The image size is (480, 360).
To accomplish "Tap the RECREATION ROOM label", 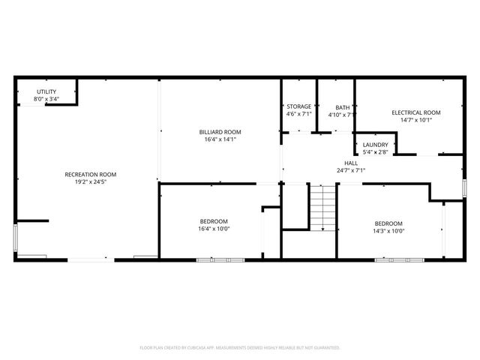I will pyautogui.click(x=90, y=174).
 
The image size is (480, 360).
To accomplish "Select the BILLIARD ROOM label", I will pyautogui.click(x=220, y=131).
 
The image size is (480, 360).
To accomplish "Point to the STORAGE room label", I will pyautogui.click(x=299, y=106).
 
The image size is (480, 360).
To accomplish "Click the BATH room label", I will pyautogui.click(x=342, y=106).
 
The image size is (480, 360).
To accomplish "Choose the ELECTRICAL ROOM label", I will pyautogui.click(x=415, y=112).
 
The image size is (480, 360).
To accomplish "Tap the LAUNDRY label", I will pyautogui.click(x=375, y=145).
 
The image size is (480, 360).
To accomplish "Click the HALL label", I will pyautogui.click(x=351, y=163).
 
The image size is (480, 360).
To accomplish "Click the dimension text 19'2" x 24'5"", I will pyautogui.click(x=90, y=181).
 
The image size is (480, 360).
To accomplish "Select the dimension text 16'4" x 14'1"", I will pyautogui.click(x=220, y=139).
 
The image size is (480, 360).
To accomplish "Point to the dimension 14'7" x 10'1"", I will pyautogui.click(x=415, y=120).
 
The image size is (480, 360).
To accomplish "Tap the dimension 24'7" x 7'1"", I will pyautogui.click(x=351, y=170).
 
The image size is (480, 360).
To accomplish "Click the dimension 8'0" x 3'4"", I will pyautogui.click(x=46, y=98).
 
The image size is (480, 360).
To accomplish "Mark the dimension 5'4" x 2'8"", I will pyautogui.click(x=375, y=152).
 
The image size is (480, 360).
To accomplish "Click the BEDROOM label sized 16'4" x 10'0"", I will pyautogui.click(x=214, y=221).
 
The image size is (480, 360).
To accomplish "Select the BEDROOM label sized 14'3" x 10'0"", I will pyautogui.click(x=388, y=223).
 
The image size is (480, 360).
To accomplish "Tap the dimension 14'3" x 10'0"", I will pyautogui.click(x=388, y=231).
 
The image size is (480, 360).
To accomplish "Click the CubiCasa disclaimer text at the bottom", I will pyautogui.click(x=240, y=348).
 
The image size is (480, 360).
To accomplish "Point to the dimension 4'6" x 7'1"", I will pyautogui.click(x=299, y=114).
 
